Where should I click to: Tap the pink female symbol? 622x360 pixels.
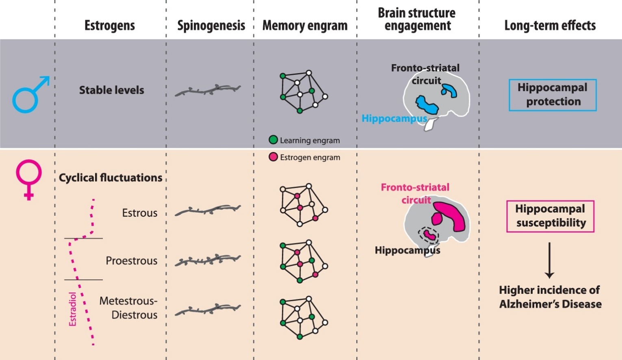28,179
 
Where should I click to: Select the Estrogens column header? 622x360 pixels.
110,26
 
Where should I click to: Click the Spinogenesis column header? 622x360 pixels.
211,26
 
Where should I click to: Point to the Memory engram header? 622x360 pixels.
305,26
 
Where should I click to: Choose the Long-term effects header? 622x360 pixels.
550,26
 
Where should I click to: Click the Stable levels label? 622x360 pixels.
111,90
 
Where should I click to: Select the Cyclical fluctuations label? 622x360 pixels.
111,178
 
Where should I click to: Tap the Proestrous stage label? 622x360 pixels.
131,260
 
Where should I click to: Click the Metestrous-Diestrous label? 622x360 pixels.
128,308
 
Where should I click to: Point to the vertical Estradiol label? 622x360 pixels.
73,309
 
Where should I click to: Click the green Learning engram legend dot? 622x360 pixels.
273,140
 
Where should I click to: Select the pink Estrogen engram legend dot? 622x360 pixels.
273,157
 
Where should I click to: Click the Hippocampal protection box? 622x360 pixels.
553,95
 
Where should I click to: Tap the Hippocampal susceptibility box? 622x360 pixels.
550,216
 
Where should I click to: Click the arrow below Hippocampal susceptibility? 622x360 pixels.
549,260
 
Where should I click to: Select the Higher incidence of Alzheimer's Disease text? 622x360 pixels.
550,297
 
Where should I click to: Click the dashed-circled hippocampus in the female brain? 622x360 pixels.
428,234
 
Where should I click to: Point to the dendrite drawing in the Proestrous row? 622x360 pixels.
208,260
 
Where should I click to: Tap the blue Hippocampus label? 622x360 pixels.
394,119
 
